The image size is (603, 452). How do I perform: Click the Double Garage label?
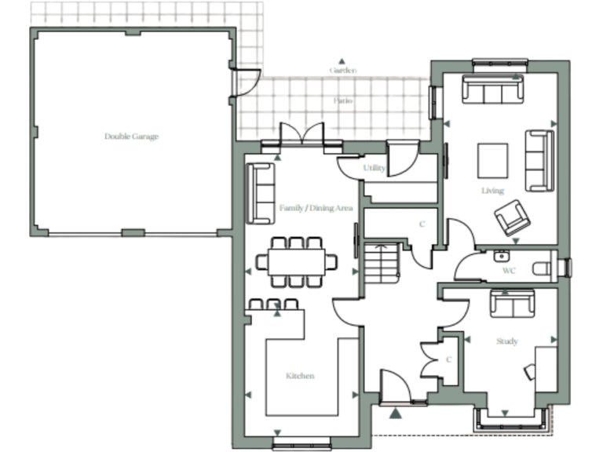tap(131, 137)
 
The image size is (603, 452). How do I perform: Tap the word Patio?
tap(342, 101)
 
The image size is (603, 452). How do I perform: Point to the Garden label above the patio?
tap(342, 71)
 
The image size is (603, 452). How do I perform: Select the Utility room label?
tap(374, 169)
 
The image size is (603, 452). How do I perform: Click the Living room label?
tap(492, 191)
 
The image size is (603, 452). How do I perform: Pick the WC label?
tap(509, 271)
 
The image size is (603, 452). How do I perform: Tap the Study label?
tap(506, 341)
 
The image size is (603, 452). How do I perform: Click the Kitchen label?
tap(300, 376)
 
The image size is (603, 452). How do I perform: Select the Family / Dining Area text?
tap(316, 208)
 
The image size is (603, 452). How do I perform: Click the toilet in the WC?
tap(543, 268)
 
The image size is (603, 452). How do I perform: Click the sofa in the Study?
tap(512, 303)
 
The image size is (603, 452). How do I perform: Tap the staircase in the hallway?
tap(381, 265)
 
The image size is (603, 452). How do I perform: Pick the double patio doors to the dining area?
tap(301, 135)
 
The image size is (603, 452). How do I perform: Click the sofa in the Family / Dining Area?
tap(260, 193)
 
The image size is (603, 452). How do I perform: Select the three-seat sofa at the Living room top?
tap(492, 89)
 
